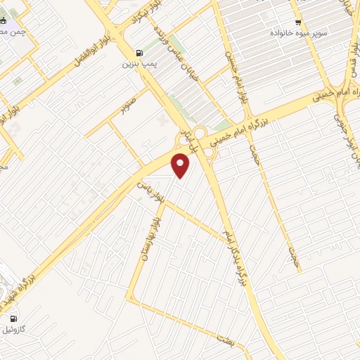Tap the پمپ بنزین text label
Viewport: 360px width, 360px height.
[139, 64]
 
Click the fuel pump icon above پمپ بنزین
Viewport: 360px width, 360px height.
[139, 53]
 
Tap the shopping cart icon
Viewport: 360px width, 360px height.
[298, 22]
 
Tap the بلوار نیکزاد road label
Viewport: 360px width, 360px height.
[136, 21]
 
